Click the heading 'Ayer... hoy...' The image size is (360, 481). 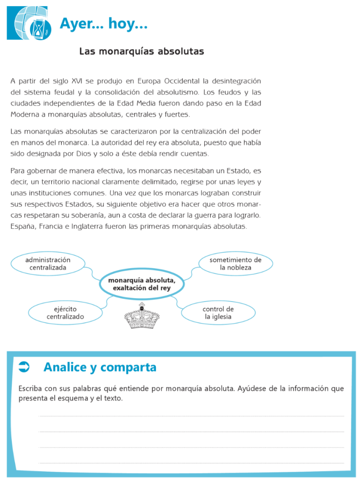104,23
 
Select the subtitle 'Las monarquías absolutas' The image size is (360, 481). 141,51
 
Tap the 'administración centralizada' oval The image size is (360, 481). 48,264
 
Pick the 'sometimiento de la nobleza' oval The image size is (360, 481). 235,264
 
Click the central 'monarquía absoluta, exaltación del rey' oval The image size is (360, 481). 141,284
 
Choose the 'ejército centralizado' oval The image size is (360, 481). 65,313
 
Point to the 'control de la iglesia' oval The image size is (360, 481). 218,313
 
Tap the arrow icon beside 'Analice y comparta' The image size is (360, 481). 24,367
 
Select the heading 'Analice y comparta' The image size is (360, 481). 100,367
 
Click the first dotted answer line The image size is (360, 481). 191,416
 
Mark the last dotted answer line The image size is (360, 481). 191,463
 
